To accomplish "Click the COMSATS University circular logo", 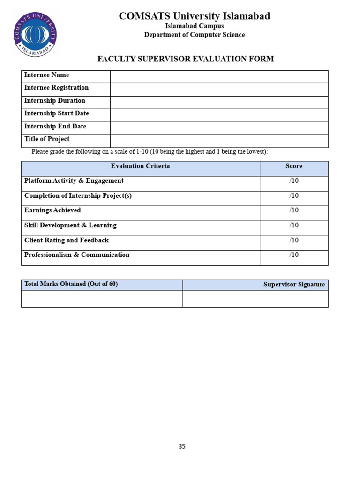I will click(35, 35).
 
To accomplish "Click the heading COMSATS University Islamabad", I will click(194, 16).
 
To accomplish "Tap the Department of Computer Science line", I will click(194, 35).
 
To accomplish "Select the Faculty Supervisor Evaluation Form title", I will click(186, 59).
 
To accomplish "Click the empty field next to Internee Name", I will click(219, 77).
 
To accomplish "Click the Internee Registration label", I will click(56, 88).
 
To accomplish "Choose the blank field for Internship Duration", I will click(219, 102).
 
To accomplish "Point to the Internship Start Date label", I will click(56, 113).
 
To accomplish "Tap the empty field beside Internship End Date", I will click(219, 128).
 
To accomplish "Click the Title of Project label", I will click(47, 139).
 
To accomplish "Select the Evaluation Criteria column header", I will click(140, 166).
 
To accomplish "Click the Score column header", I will click(294, 166).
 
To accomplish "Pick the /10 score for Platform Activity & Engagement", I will click(294, 181).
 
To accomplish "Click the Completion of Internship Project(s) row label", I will click(78, 196).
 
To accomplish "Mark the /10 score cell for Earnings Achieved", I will click(294, 210).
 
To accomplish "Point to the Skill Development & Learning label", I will click(70, 225).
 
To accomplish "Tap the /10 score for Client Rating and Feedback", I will click(294, 240).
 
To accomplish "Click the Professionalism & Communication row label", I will click(77, 255).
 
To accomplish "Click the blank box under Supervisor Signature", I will click(255, 299).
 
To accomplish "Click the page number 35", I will click(182, 447).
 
